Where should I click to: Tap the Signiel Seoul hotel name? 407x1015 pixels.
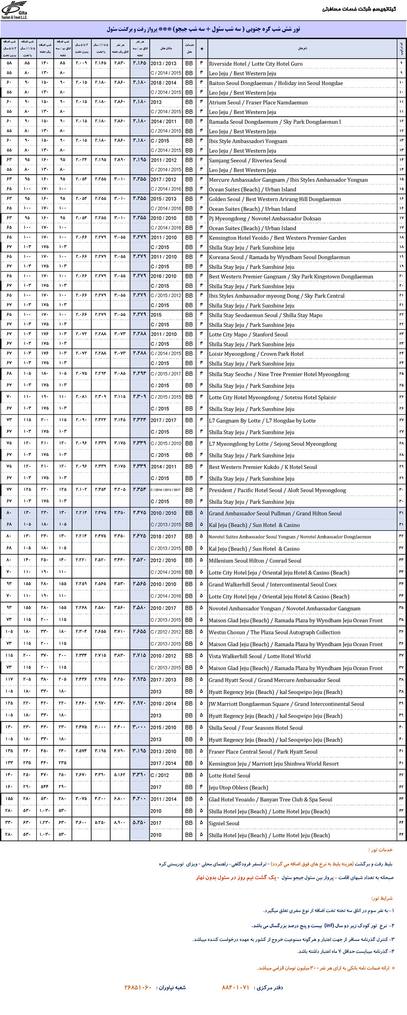click(x=224, y=823)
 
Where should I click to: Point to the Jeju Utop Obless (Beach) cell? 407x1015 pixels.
click(x=238, y=787)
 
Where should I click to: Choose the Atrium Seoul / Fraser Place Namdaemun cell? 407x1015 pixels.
click(x=258, y=103)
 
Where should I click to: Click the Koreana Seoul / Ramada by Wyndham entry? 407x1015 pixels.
click(x=279, y=257)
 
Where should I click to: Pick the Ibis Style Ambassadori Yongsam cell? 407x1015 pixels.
click(x=248, y=141)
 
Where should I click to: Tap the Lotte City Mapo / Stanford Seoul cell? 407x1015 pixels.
click(x=248, y=335)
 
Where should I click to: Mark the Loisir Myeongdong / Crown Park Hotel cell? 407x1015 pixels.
click(x=256, y=354)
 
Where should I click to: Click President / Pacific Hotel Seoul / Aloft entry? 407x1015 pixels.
click(x=277, y=491)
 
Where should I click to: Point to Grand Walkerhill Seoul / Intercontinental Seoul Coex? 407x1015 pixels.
click(x=273, y=585)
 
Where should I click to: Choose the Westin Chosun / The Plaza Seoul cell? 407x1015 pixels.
click(x=274, y=633)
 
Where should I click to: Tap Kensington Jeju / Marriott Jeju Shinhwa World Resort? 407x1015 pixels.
click(x=274, y=764)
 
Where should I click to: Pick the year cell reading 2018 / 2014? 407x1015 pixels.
click(x=163, y=83)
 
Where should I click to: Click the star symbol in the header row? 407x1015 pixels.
click(x=201, y=48)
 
